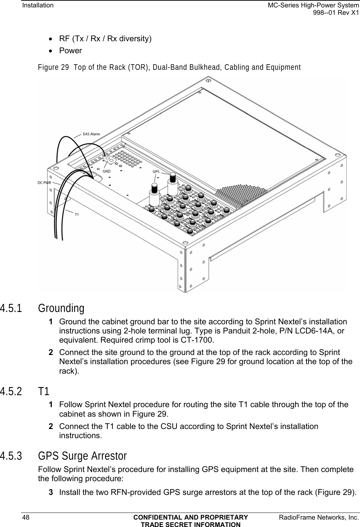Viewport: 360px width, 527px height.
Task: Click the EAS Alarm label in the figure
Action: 91,134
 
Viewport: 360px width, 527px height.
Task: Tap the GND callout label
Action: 106,171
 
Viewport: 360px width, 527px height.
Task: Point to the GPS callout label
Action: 156,172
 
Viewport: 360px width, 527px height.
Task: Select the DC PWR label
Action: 44,183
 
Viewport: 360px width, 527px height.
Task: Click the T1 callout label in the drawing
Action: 76,214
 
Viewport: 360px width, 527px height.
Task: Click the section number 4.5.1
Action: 11,308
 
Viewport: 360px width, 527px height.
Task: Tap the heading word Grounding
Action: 61,308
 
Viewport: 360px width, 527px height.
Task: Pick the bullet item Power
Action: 70,51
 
